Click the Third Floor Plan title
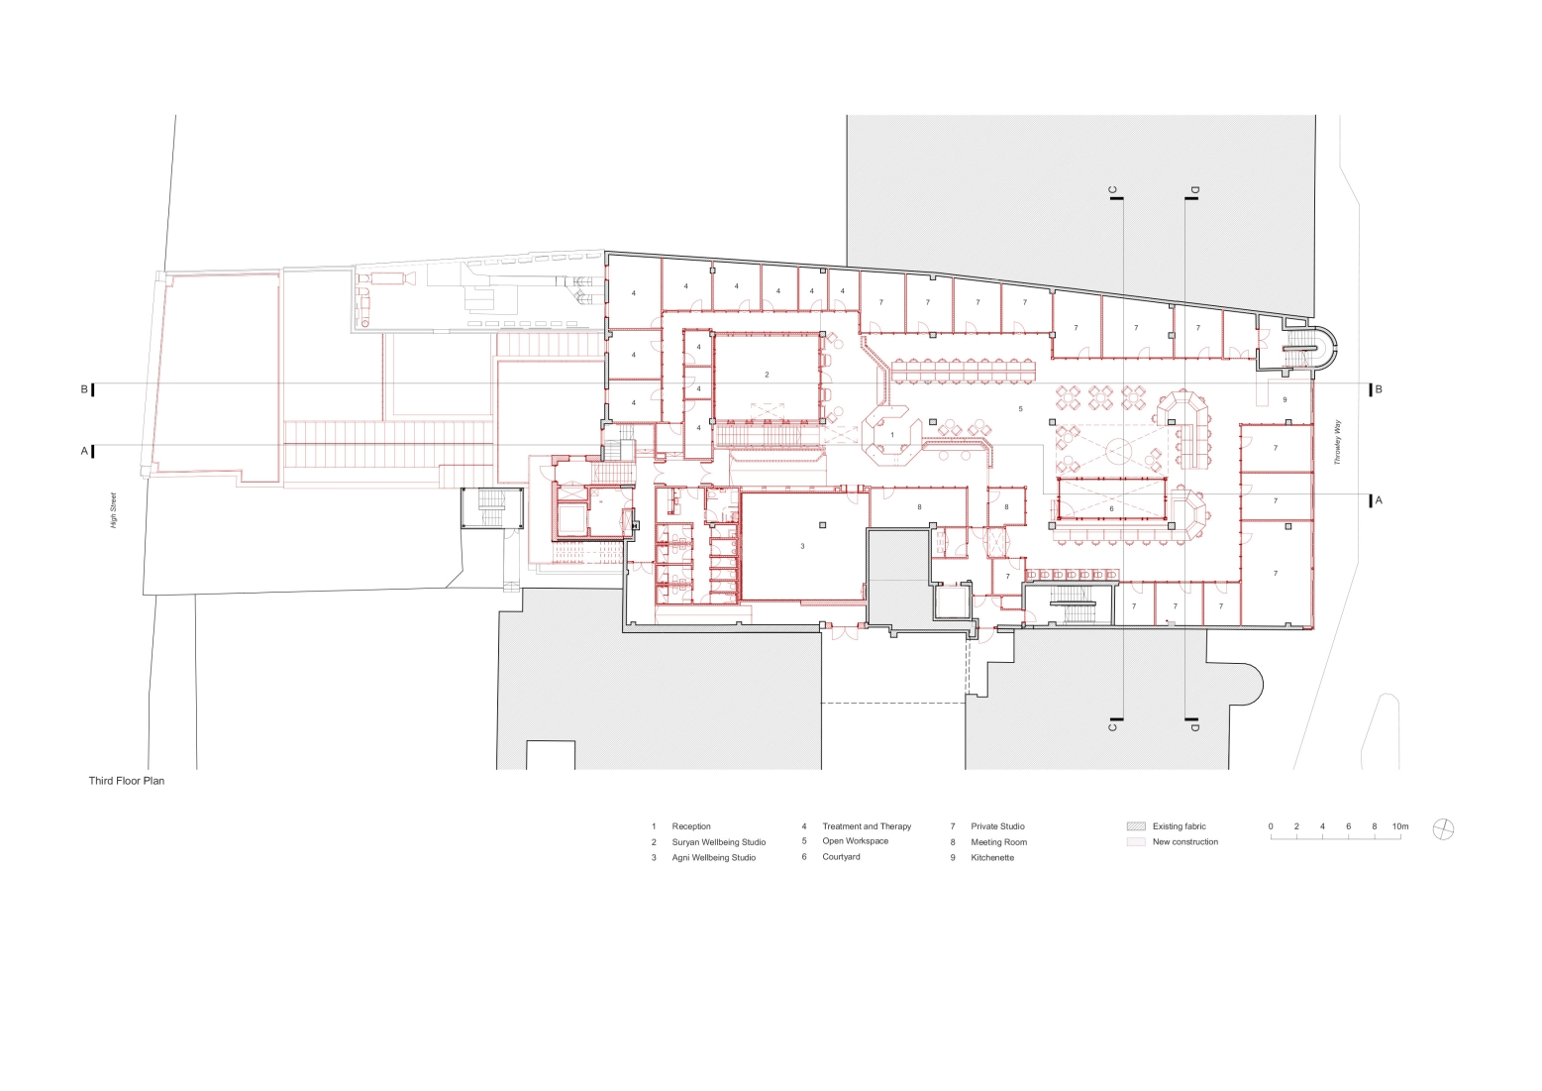127,781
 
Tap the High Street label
114,510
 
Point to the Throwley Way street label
1338,442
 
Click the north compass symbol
1443,829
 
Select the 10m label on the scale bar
1400,826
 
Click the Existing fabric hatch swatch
1137,826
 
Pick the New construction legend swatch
1137,841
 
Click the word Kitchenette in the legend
992,857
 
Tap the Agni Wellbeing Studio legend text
714,857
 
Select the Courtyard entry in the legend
841,857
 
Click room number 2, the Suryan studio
767,375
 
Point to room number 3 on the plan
802,546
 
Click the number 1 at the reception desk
892,435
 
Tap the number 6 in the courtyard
1112,509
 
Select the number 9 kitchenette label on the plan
1285,399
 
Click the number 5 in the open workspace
1020,409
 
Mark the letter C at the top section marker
1112,190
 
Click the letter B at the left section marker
84,389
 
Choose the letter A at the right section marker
1379,500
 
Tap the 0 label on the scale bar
1271,826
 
